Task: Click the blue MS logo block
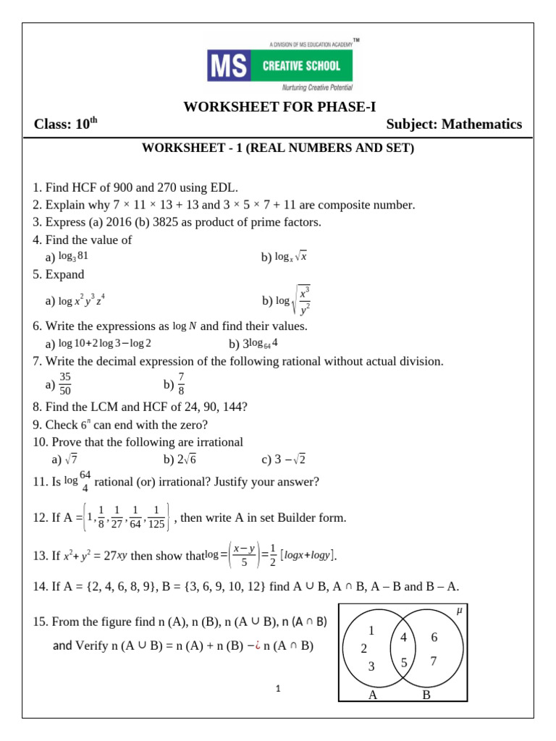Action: tap(229, 66)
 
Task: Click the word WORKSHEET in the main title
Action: tap(220, 107)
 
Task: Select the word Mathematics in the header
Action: tap(481, 124)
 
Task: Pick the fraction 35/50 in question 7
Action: tap(65, 384)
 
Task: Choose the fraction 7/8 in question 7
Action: tap(182, 384)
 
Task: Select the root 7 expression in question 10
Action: tap(71, 460)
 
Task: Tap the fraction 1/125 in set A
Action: tap(156, 518)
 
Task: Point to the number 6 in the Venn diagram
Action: tap(434, 637)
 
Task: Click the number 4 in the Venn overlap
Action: tap(403, 637)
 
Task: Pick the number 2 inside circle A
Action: tap(364, 649)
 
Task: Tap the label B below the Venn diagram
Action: tap(426, 695)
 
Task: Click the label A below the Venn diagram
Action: tap(373, 695)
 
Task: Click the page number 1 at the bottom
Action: tap(277, 688)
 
